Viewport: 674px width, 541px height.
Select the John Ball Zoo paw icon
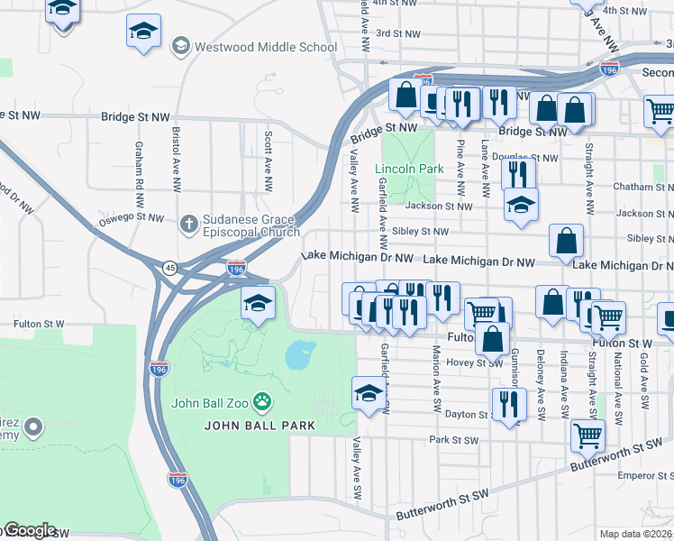(x=262, y=399)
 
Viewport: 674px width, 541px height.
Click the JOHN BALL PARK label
(x=260, y=425)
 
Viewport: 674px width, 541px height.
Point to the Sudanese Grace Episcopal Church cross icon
(x=188, y=223)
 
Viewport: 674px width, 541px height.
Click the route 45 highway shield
(x=169, y=268)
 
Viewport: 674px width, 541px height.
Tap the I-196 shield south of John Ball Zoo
(x=177, y=481)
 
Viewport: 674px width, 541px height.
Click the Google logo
(x=29, y=530)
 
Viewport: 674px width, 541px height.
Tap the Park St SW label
(x=453, y=440)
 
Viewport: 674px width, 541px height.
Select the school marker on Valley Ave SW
(x=368, y=393)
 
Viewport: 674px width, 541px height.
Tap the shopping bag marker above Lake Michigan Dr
(x=567, y=241)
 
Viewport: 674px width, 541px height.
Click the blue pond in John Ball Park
(x=300, y=356)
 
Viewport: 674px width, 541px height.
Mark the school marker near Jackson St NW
(x=520, y=205)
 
